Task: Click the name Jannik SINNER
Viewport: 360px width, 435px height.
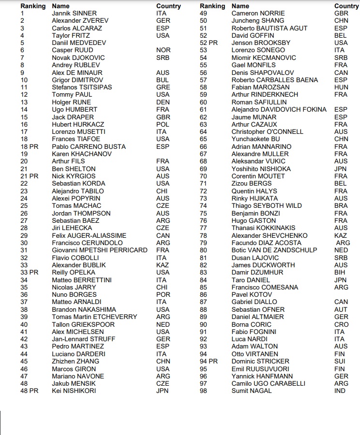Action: [x=74, y=13]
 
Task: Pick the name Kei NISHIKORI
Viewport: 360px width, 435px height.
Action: [x=74, y=391]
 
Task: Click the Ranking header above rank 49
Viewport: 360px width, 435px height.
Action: [x=212, y=6]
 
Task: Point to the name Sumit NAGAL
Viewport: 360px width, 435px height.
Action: [x=251, y=391]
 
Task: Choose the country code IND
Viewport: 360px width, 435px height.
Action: [x=340, y=391]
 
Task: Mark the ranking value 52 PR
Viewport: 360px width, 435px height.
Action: [x=209, y=43]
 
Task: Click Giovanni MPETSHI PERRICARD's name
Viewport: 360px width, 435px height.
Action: [x=100, y=250]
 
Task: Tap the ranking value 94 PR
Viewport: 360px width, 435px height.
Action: [x=209, y=361]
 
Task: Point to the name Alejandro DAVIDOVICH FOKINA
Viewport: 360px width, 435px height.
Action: [x=279, y=109]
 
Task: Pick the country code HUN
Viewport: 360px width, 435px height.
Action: [x=341, y=87]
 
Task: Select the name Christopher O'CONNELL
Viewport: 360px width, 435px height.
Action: [x=267, y=131]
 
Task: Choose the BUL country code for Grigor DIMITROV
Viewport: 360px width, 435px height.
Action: [x=163, y=80]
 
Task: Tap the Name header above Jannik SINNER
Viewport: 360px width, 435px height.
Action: [x=60, y=6]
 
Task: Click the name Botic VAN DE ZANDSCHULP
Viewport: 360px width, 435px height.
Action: [x=274, y=250]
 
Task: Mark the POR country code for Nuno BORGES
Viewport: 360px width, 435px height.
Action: [x=164, y=294]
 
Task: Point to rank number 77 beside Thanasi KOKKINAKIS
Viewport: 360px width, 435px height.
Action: [x=203, y=228]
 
